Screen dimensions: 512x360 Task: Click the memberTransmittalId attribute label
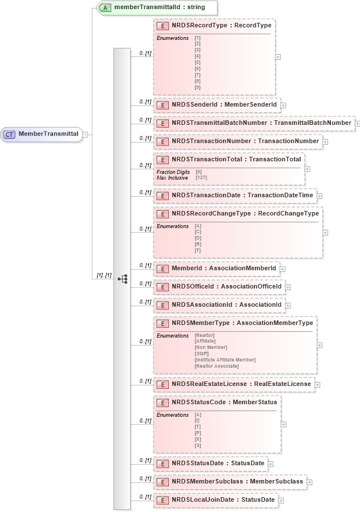tap(151, 7)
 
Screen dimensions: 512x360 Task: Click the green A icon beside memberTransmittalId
tap(106, 7)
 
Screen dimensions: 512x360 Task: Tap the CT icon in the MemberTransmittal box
tap(9, 134)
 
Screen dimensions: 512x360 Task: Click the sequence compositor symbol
tap(122, 279)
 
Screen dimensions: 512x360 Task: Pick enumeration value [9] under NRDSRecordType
tap(197, 87)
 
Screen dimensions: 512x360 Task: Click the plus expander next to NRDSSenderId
tap(283, 105)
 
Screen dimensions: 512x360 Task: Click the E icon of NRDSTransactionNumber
tap(162, 141)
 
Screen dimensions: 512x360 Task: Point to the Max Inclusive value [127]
tap(201, 178)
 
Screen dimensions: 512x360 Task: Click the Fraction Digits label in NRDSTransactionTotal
tap(173, 172)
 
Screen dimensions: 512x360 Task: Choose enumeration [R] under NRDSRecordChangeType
tap(197, 244)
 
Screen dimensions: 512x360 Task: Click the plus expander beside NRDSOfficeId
tap(288, 287)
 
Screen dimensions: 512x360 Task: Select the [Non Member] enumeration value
tap(211, 347)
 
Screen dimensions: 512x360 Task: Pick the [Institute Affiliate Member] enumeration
tap(225, 360)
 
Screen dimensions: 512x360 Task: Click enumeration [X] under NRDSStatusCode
tap(197, 439)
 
